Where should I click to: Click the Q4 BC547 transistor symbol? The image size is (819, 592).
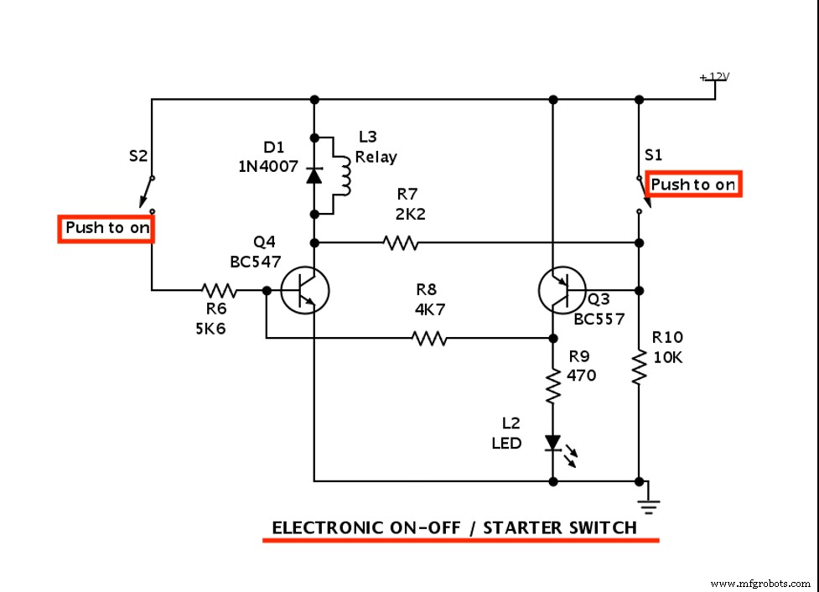[x=303, y=291]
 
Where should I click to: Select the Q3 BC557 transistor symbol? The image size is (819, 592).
[x=562, y=291]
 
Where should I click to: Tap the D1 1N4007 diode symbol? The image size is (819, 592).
[x=314, y=174]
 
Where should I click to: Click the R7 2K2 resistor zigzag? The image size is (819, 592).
[x=400, y=243]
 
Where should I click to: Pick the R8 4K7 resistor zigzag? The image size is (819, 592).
[x=429, y=339]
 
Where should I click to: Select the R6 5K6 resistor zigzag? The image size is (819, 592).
[x=219, y=291]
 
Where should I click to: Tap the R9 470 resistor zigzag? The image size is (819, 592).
[x=553, y=387]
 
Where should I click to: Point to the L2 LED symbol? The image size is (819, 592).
[x=553, y=444]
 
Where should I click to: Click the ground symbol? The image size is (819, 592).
[x=649, y=505]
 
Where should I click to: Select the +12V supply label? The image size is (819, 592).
[x=715, y=77]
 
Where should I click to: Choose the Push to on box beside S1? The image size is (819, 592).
[x=693, y=184]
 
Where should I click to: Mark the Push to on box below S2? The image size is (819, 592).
[x=106, y=228]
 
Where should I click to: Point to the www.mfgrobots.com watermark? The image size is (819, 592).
[x=761, y=583]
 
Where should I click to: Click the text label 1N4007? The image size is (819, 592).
[x=268, y=166]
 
